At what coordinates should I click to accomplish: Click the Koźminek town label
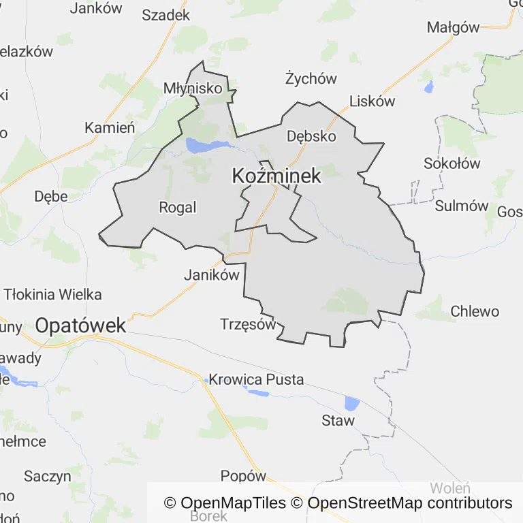click(276, 176)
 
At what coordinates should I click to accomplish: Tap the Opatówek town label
click(80, 326)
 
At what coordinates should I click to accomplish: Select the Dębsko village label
click(311, 136)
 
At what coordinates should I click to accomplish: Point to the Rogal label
click(177, 208)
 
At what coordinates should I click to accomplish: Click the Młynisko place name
click(193, 89)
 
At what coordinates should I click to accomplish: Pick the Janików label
click(212, 275)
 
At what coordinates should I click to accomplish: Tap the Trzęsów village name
click(248, 324)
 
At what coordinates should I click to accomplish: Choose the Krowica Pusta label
click(256, 379)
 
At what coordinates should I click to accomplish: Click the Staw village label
click(338, 420)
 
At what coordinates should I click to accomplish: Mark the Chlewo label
click(475, 312)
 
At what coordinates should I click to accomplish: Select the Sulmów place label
click(462, 206)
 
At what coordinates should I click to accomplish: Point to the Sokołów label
click(451, 163)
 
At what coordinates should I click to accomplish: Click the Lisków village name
click(372, 101)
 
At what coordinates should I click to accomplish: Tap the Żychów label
click(311, 78)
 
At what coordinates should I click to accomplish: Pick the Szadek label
click(165, 15)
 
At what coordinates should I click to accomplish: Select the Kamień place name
click(110, 127)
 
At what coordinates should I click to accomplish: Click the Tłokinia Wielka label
click(53, 295)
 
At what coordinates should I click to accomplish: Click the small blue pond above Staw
click(351, 403)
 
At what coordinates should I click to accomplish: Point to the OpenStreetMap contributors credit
click(410, 503)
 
